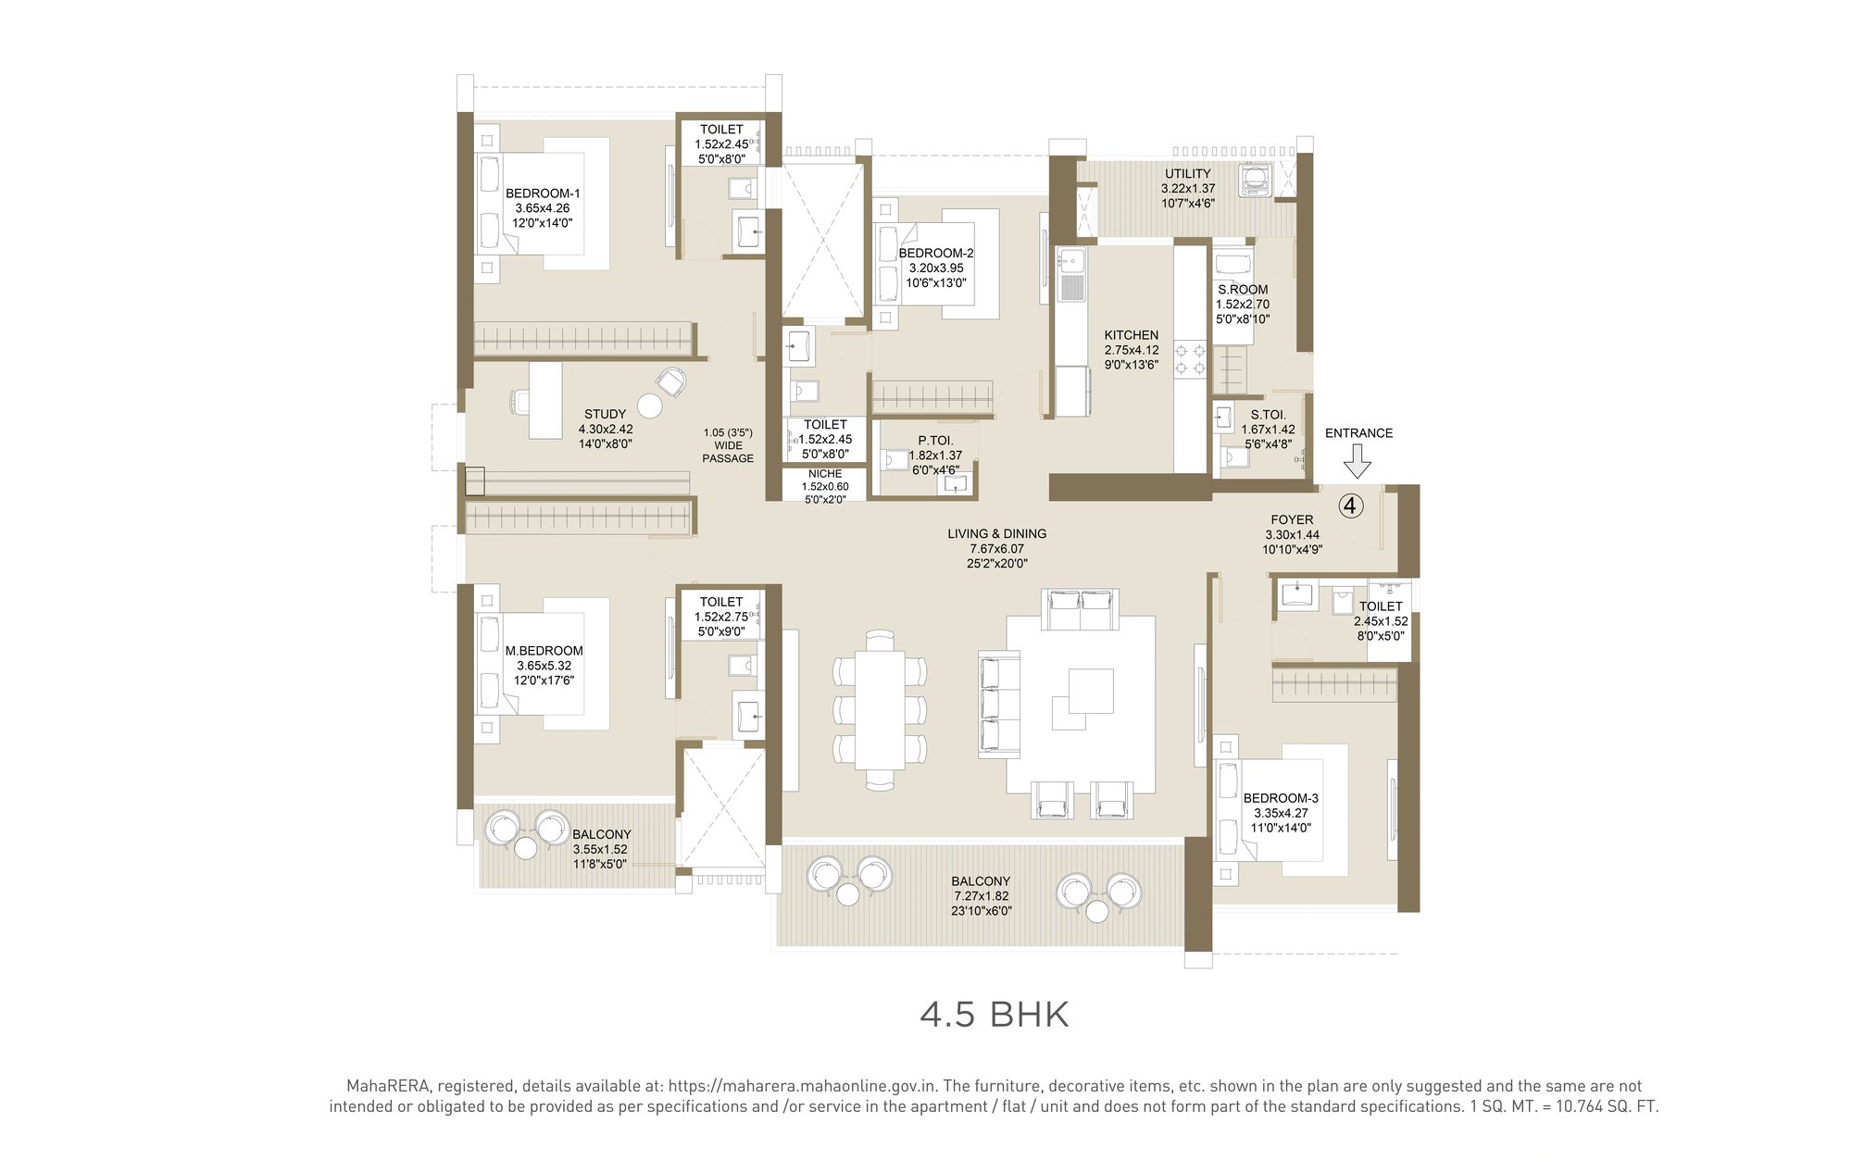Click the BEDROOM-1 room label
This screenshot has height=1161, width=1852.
point(543,193)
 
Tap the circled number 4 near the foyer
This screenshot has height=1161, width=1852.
point(1351,506)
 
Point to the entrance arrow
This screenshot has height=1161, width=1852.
point(1358,460)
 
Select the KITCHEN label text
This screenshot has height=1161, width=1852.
point(1131,335)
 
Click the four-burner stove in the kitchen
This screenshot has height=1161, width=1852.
point(1190,359)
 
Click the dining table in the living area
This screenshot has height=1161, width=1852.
point(879,710)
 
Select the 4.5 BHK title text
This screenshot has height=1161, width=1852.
point(994,1015)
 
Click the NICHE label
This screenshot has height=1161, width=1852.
point(824,473)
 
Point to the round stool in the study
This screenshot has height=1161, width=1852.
point(650,406)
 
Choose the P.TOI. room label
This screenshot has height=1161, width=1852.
point(935,441)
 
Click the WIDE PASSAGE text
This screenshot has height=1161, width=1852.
point(728,452)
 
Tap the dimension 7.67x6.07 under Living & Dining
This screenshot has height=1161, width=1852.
point(996,548)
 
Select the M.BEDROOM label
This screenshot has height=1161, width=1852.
point(544,651)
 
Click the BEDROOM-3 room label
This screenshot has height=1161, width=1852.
point(1281,798)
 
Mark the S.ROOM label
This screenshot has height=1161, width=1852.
point(1243,289)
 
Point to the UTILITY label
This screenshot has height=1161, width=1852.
point(1187,173)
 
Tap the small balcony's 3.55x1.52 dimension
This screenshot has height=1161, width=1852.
point(600,849)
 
